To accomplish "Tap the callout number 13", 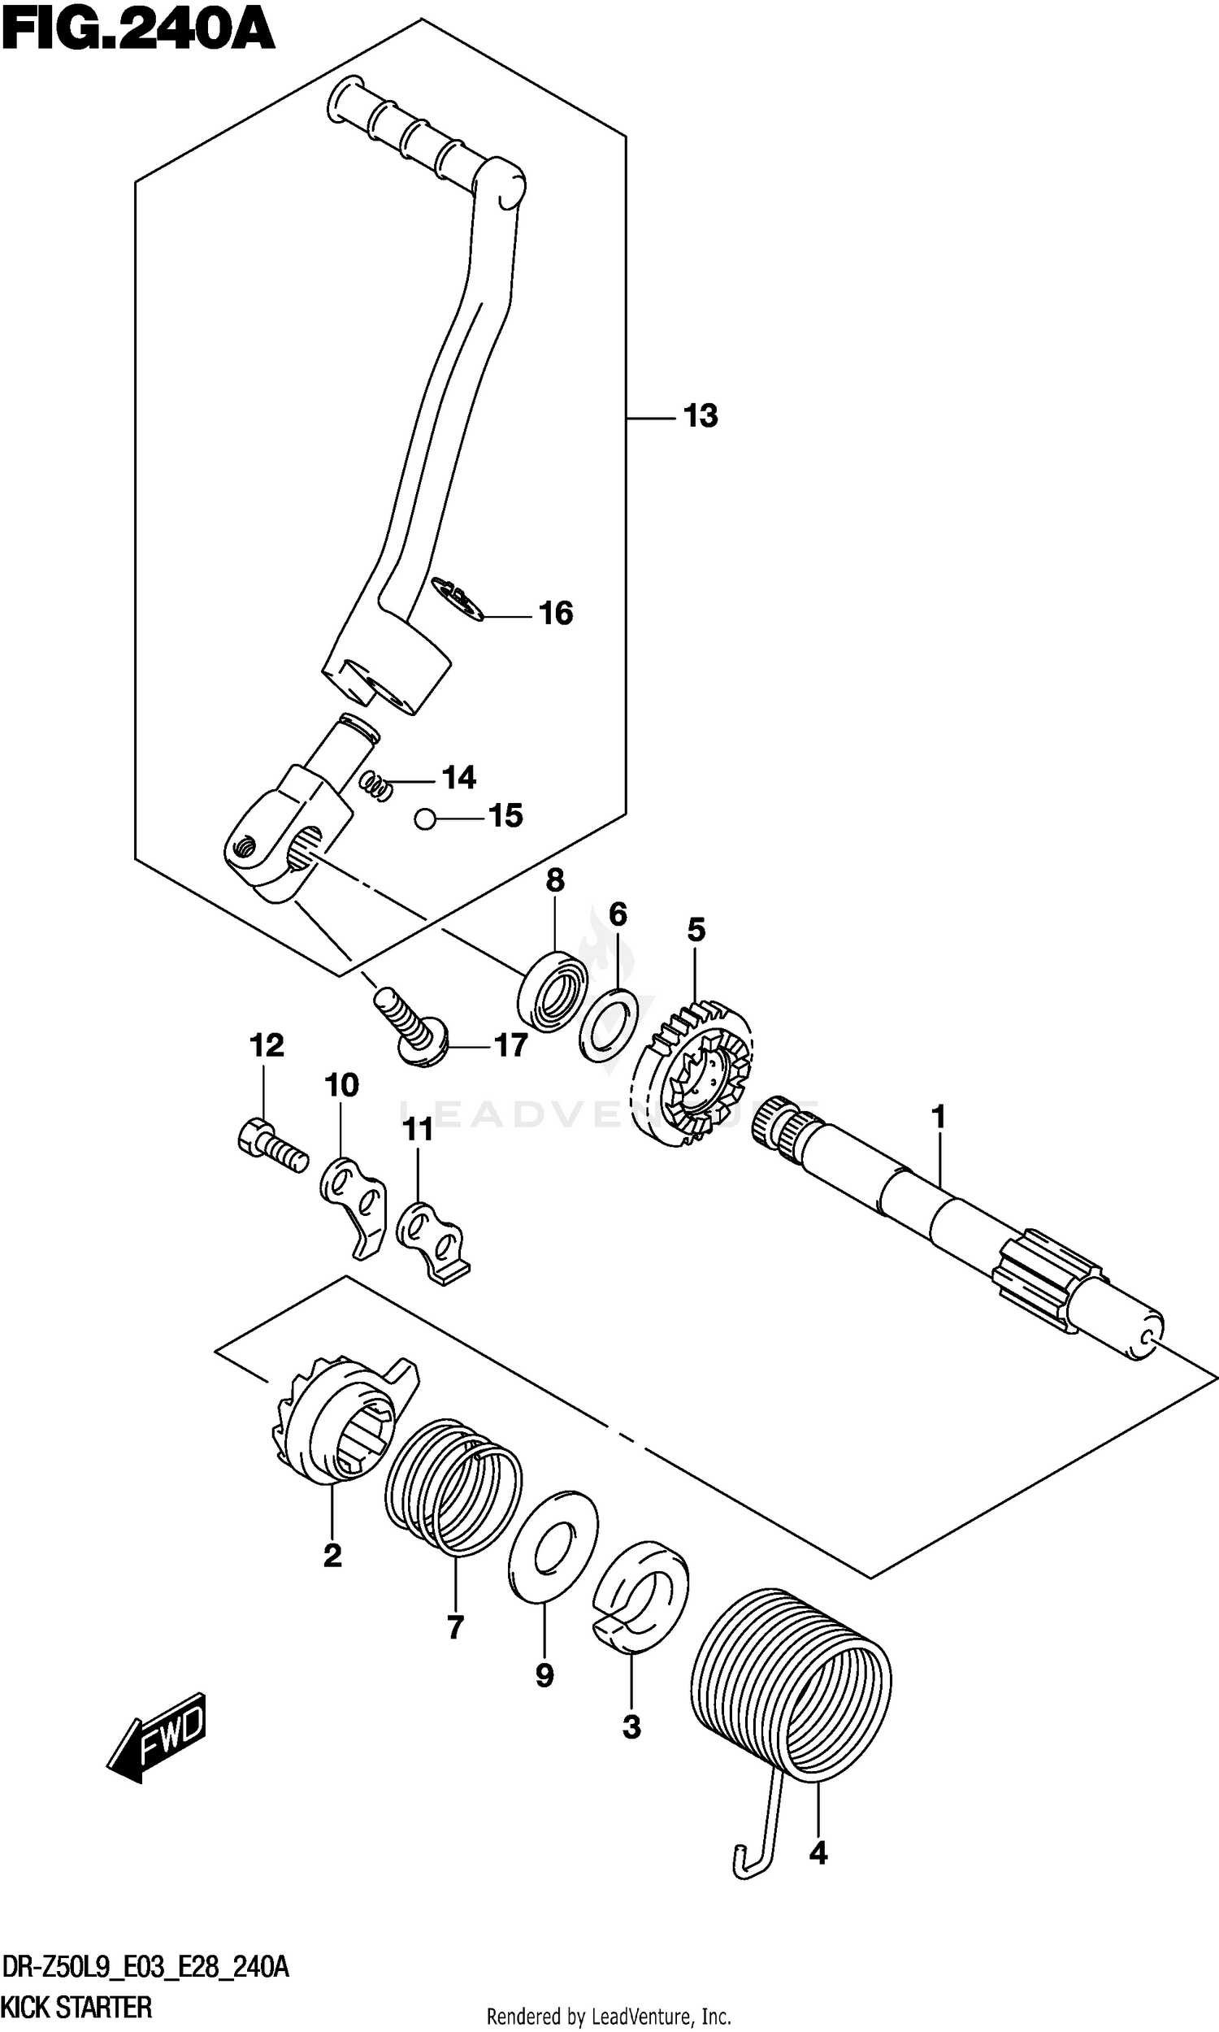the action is click(701, 416).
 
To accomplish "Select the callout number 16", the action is click(555, 614).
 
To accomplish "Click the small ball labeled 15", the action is click(425, 818).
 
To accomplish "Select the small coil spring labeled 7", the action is click(453, 1488).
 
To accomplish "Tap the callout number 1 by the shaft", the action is click(938, 1118).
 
